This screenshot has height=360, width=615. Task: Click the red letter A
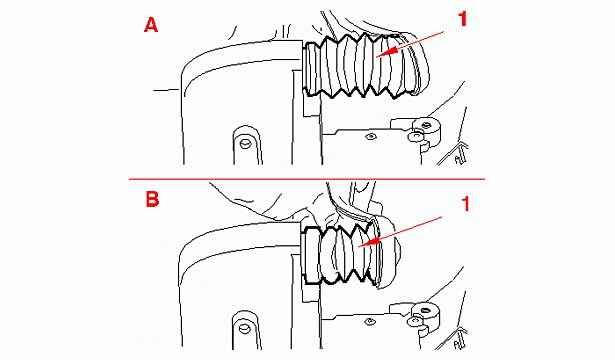pos(151,26)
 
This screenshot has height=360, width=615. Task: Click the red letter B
pos(152,200)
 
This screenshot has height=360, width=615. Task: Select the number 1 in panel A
pos(463,19)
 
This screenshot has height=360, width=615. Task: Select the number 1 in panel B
pos(465,204)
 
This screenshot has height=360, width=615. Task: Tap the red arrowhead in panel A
pos(390,51)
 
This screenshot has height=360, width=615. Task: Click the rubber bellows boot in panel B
pos(345,254)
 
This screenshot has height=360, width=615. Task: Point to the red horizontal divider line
pos(307,179)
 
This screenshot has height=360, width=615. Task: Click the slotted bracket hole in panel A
pos(246,144)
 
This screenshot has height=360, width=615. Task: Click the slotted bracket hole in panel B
pos(244,329)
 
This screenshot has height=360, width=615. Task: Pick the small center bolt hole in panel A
pos(369,136)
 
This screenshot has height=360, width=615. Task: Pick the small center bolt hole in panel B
pos(368,322)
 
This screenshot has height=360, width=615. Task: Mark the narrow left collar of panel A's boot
pos(311,69)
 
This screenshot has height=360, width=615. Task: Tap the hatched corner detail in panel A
pos(455,154)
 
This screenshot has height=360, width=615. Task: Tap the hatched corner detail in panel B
pos(455,338)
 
